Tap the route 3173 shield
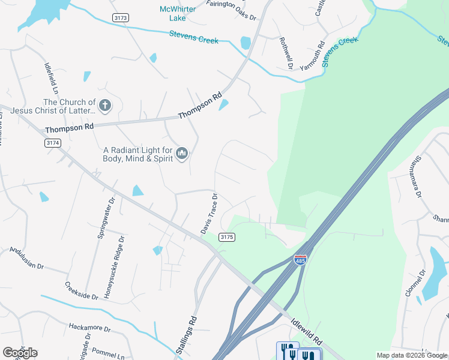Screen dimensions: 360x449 point(120,18)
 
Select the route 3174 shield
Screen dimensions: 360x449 point(52,143)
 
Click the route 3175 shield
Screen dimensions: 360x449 point(227,237)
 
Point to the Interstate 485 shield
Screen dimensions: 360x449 point(300,260)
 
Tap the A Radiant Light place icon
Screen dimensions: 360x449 point(182,154)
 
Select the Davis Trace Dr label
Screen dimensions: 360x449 point(208,214)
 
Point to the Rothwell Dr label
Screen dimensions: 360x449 point(286,53)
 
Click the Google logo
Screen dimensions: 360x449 point(20,352)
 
